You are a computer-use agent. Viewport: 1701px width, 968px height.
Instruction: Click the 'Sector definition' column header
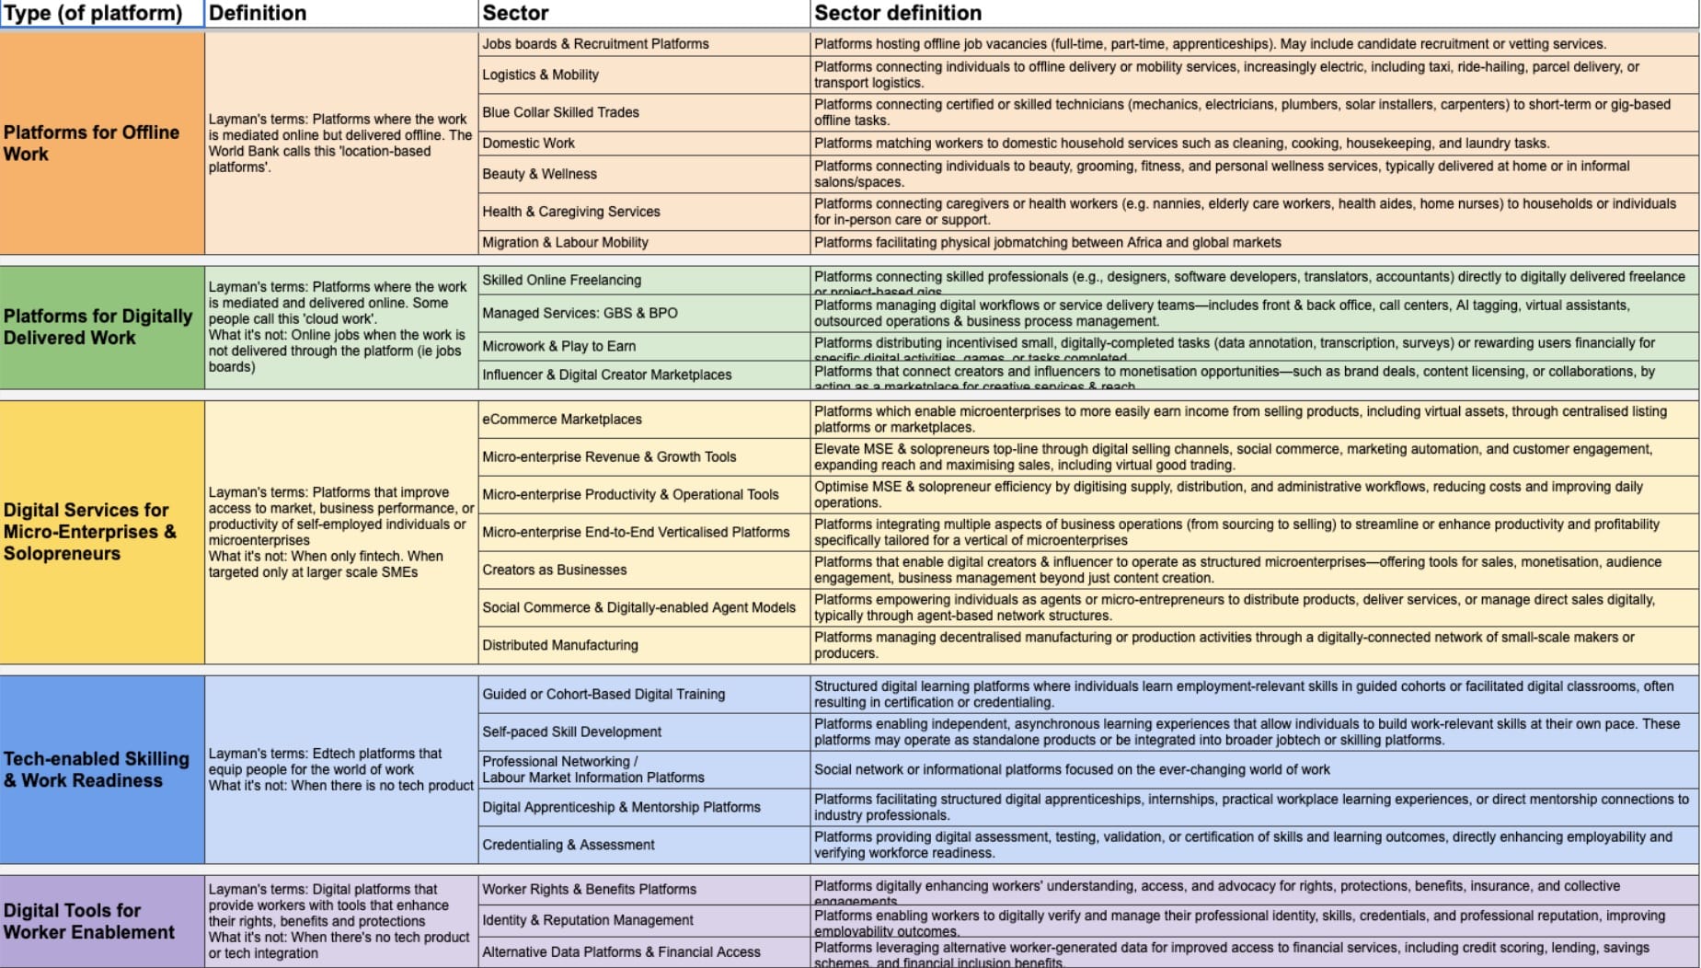[x=898, y=13]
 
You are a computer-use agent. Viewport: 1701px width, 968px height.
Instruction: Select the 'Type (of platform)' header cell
[x=93, y=13]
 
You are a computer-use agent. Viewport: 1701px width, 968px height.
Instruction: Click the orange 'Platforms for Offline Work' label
[x=92, y=143]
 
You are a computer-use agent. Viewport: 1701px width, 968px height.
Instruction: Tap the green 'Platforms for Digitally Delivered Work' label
[x=98, y=327]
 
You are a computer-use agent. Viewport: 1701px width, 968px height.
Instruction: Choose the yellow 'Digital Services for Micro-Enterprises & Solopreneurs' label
[x=90, y=532]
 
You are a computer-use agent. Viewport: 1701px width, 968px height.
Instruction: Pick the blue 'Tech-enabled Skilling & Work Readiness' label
[x=97, y=769]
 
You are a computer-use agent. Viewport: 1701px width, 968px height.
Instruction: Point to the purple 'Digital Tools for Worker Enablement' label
[x=89, y=921]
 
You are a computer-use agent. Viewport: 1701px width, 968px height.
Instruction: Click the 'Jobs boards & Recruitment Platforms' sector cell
[x=595, y=44]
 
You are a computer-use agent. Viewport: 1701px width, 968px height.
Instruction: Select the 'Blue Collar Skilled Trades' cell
[x=560, y=112]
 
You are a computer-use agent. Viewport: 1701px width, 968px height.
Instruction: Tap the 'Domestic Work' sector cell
[x=528, y=144]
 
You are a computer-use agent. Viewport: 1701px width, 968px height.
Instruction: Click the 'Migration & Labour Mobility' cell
[x=565, y=243]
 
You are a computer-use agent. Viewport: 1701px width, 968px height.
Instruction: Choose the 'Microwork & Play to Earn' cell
[x=558, y=346]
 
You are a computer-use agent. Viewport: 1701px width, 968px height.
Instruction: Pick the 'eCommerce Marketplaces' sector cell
[x=562, y=420]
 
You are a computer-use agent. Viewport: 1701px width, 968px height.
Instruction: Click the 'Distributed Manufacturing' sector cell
[x=559, y=645]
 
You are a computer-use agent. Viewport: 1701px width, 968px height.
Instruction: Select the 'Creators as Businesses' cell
[x=554, y=570]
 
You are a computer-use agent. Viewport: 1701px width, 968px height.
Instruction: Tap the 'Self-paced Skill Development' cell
[x=571, y=732]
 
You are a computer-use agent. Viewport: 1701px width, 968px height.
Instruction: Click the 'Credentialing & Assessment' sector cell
[x=568, y=845]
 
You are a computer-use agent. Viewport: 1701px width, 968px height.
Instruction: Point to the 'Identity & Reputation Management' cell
[x=588, y=920]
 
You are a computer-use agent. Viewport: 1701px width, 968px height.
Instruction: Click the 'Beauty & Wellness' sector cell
[x=539, y=174]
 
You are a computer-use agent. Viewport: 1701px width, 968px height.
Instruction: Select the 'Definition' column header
[x=258, y=13]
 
